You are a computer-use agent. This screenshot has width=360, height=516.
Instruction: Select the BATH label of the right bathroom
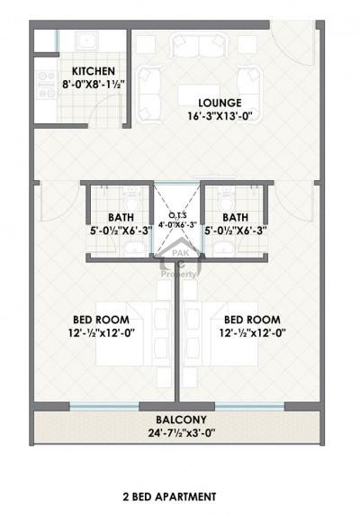coord(236,217)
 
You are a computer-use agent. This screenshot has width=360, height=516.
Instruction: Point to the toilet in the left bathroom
coord(131,195)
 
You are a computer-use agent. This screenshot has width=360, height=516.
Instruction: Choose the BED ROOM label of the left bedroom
coord(100,319)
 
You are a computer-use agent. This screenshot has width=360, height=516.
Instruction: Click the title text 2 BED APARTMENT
coord(173,495)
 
